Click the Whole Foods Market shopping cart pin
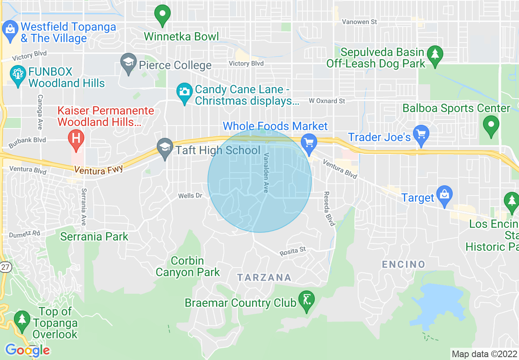point(309,142)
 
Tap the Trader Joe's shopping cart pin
point(421,133)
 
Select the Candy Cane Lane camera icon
point(185,91)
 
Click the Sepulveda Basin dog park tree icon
point(434,54)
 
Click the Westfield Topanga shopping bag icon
point(9,29)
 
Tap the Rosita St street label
point(293,251)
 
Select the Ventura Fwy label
point(99,169)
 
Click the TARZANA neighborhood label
point(264,277)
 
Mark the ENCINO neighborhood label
point(404,264)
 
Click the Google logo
point(27,350)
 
